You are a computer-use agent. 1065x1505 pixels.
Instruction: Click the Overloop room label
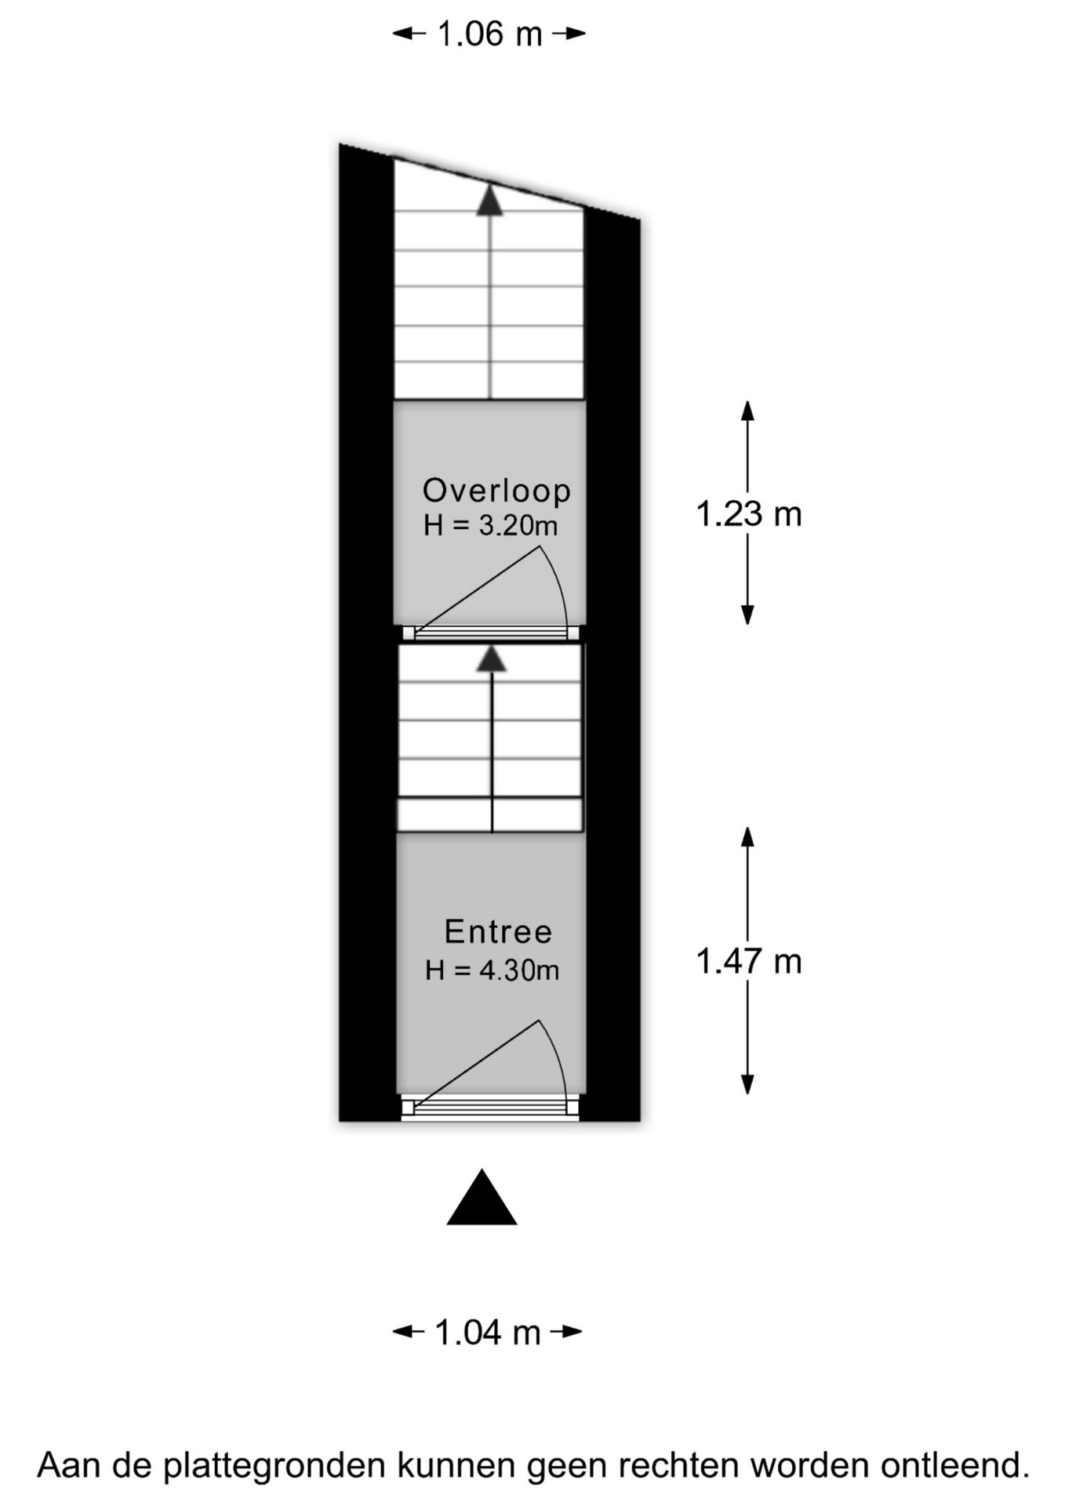[496, 490]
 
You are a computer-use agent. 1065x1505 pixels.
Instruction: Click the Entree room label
[498, 931]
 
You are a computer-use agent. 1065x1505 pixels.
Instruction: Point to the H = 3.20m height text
[491, 525]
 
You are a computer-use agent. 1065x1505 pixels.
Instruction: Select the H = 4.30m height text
[492, 970]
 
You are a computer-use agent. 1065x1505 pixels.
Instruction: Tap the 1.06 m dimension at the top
[489, 34]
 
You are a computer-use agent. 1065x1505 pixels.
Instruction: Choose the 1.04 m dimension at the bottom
[487, 1333]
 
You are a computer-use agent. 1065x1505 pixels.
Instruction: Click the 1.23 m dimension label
[749, 514]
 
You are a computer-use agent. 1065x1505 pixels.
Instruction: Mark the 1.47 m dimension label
[749, 961]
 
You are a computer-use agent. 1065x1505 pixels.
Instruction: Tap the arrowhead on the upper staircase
[490, 199]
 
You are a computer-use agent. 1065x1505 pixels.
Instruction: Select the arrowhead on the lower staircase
[492, 658]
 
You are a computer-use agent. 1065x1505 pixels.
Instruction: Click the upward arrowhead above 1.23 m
[747, 411]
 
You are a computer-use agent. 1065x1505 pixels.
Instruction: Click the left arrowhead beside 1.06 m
[403, 33]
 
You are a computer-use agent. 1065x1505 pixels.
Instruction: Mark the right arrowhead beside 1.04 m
[572, 1332]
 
